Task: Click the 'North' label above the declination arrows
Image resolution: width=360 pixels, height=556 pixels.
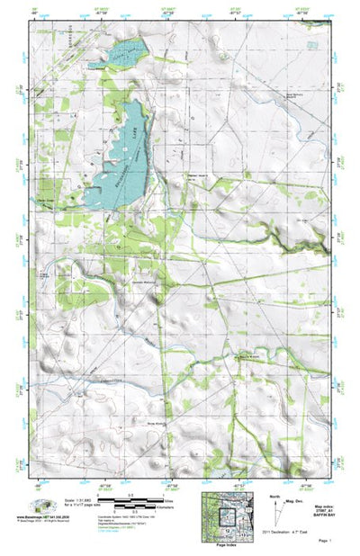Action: point(274,497)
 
